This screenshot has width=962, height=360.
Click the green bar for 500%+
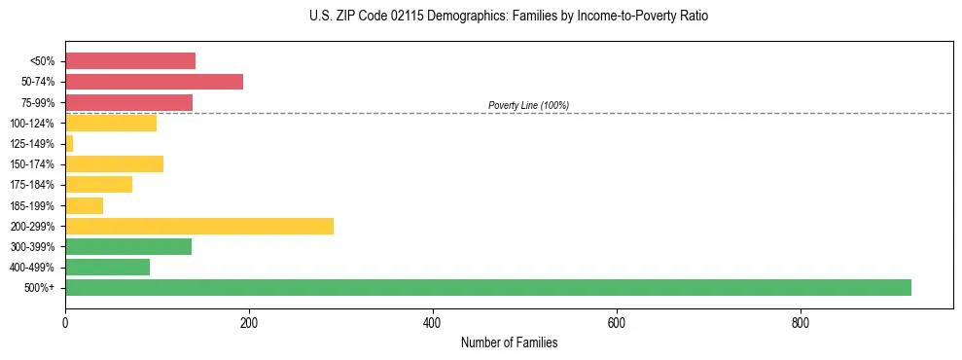(487, 287)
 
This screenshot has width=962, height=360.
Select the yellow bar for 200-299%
(199, 226)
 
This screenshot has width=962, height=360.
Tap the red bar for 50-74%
(154, 82)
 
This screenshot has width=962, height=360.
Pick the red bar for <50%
(130, 61)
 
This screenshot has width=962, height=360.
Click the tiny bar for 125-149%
(69, 144)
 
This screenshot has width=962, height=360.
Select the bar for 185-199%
(84, 205)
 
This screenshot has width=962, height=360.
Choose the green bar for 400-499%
(107, 267)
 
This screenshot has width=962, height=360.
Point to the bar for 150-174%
(114, 164)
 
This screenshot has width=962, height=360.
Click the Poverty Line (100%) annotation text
(528, 105)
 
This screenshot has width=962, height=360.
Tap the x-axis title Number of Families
(509, 343)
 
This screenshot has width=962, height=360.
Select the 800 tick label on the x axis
(801, 322)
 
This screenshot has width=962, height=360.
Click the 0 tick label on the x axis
(65, 322)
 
